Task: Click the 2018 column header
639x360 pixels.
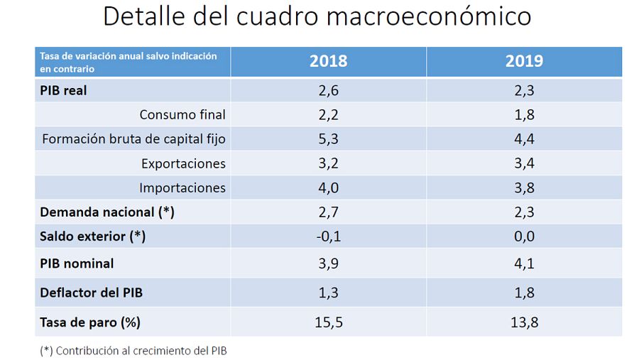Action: click(x=328, y=61)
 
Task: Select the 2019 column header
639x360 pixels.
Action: click(x=524, y=61)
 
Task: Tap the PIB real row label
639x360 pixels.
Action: click(x=64, y=90)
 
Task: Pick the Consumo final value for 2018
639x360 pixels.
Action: click(x=328, y=115)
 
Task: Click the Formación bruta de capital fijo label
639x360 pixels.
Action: click(x=134, y=139)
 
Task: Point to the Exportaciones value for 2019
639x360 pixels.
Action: click(x=524, y=164)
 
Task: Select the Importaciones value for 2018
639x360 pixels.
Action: click(x=328, y=188)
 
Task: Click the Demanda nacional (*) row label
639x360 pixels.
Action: click(x=107, y=212)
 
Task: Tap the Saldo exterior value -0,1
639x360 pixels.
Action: click(x=328, y=236)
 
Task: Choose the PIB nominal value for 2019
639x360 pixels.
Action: click(x=524, y=263)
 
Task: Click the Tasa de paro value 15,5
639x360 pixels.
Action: click(x=328, y=322)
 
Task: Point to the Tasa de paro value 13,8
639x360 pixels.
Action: click(x=524, y=322)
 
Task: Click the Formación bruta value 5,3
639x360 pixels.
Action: click(x=328, y=139)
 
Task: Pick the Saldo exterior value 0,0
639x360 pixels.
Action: click(x=524, y=236)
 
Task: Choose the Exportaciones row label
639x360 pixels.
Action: click(x=183, y=164)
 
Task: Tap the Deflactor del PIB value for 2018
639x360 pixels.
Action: click(x=328, y=293)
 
